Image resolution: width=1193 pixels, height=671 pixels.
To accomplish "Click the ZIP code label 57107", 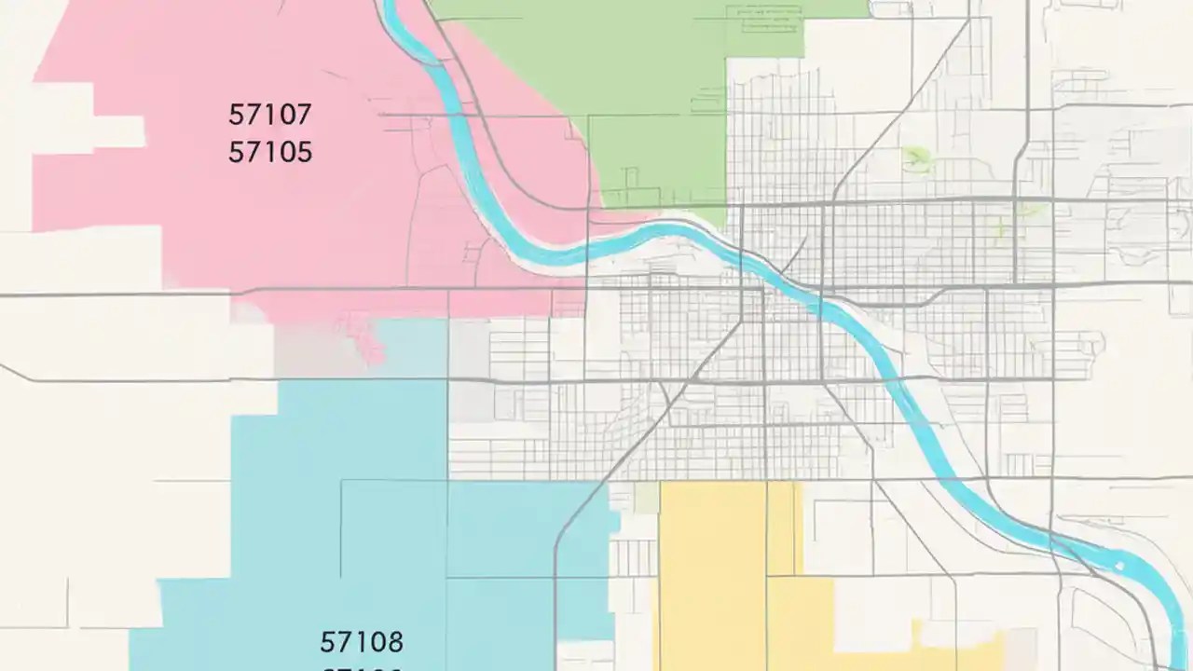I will [269, 116].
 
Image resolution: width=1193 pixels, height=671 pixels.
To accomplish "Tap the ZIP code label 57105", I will [269, 152].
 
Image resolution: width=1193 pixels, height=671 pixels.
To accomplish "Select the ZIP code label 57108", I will [362, 642].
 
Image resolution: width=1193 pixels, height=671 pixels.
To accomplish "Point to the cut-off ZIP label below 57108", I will [362, 667].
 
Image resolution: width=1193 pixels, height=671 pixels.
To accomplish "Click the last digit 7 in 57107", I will [303, 116].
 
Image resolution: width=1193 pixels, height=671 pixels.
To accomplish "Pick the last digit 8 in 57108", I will [395, 642].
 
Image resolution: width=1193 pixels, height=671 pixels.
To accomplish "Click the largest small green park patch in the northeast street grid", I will [915, 158].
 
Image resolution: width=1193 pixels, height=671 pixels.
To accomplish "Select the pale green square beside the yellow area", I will [646, 498].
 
